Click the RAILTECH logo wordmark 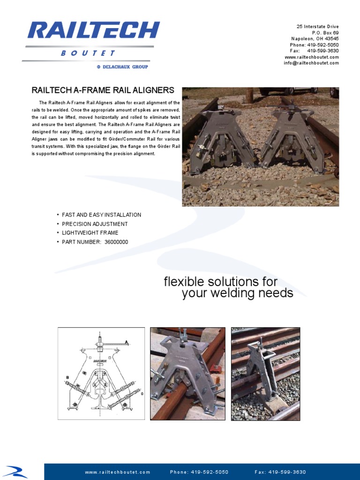[93, 31]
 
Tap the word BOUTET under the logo [88, 53]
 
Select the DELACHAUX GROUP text [122, 67]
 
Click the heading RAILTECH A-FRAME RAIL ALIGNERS [103, 90]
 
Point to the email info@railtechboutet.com [311, 63]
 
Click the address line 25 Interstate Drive [317, 27]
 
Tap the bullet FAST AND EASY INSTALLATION [101, 215]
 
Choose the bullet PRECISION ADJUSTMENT [95, 224]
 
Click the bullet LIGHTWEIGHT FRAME [90, 233]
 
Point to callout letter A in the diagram [126, 342]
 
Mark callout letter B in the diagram [67, 377]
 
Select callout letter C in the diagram [142, 394]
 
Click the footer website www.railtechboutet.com [118, 472]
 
